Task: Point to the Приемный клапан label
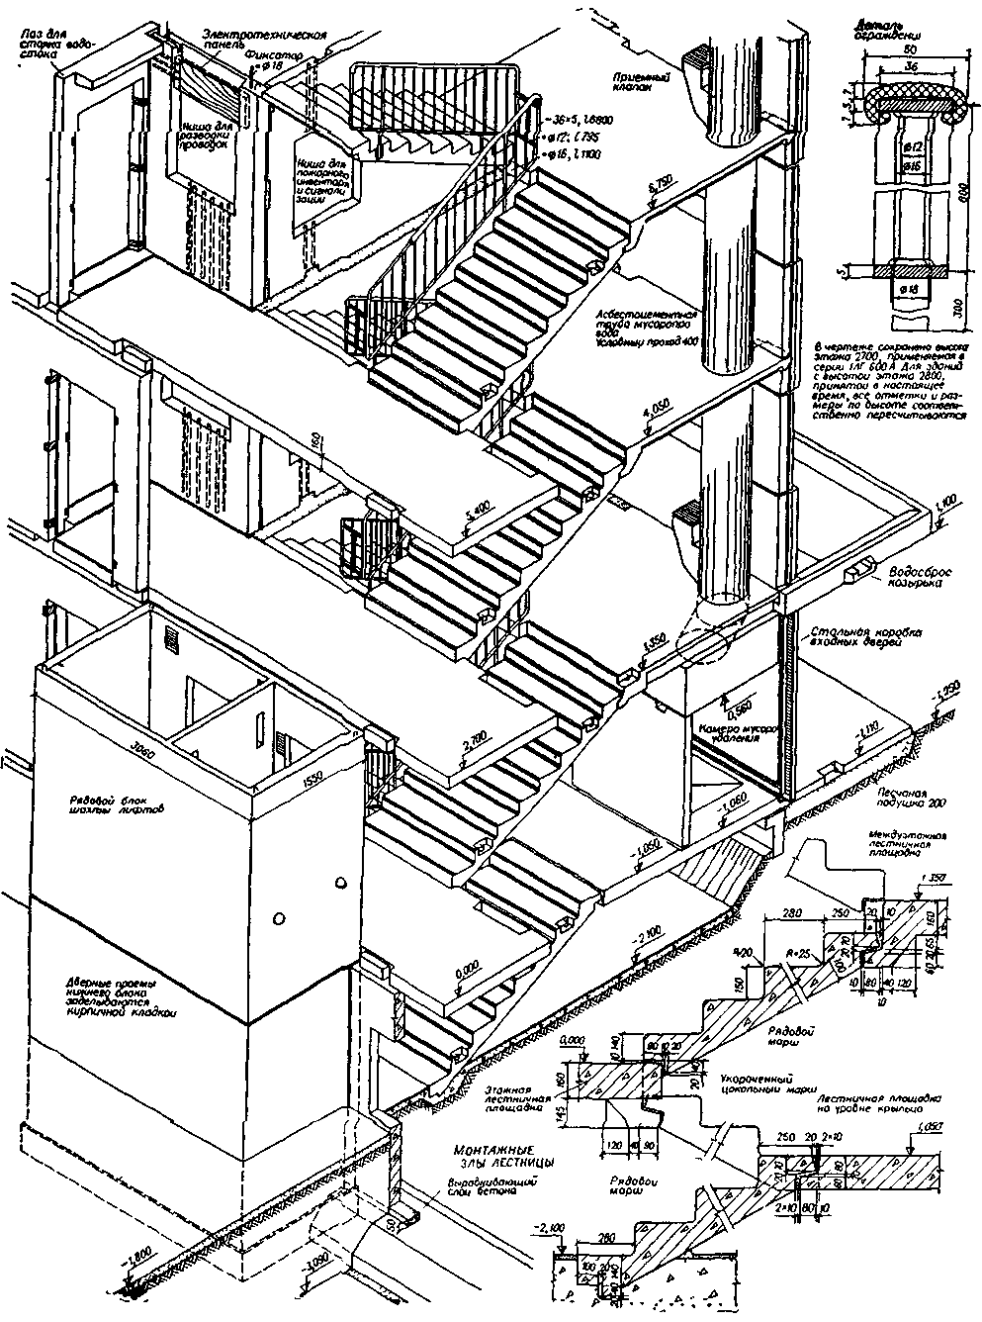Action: point(639,80)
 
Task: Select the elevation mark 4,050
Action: point(657,412)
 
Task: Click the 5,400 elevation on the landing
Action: point(478,513)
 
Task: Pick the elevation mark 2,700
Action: point(475,736)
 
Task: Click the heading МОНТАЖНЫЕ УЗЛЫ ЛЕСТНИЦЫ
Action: point(502,1156)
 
